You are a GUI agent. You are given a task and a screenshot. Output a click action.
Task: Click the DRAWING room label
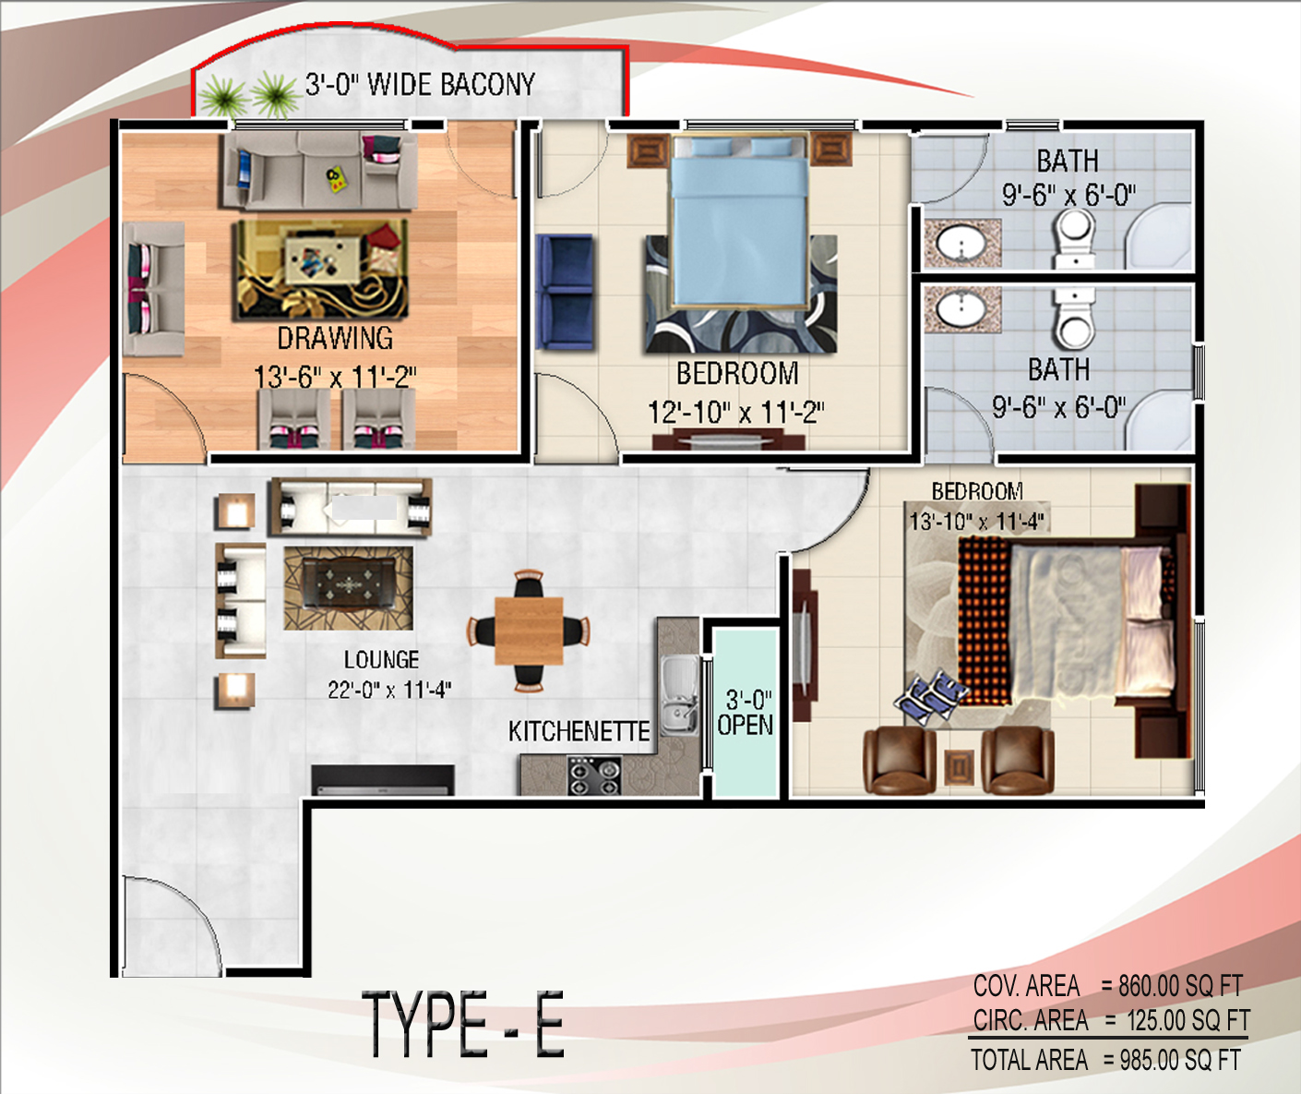(x=335, y=339)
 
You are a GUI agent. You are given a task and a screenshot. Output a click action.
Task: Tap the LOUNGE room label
(x=381, y=659)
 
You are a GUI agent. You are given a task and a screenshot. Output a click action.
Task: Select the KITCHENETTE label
(x=579, y=731)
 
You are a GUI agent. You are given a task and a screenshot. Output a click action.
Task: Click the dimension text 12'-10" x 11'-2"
(x=736, y=412)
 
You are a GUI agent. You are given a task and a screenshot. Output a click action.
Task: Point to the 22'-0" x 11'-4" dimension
(x=389, y=690)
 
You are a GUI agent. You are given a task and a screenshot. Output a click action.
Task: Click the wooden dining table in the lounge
(x=529, y=631)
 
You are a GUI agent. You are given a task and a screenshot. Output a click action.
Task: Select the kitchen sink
(x=678, y=694)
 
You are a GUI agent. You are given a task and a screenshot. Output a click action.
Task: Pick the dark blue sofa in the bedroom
(x=565, y=291)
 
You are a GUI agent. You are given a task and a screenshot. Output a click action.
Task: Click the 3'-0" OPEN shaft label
(x=746, y=713)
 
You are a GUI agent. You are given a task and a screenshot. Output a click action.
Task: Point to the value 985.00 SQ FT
(x=1180, y=1061)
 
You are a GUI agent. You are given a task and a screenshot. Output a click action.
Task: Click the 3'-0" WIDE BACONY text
(x=419, y=84)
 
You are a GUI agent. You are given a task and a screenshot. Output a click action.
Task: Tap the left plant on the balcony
(x=223, y=95)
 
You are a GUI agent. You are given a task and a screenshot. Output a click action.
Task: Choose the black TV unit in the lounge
(x=383, y=780)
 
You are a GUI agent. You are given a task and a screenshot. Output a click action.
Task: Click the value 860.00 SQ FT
(x=1180, y=986)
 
